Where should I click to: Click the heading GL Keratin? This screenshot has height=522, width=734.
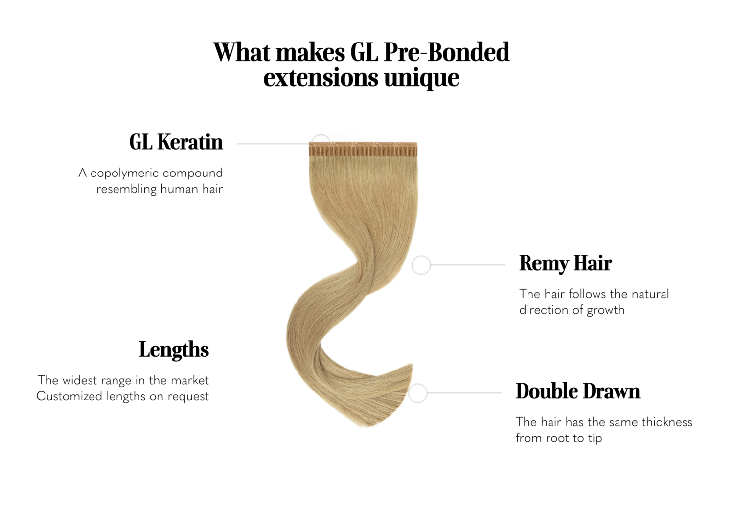pyautogui.click(x=176, y=142)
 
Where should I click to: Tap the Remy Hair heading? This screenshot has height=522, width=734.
pyautogui.click(x=565, y=263)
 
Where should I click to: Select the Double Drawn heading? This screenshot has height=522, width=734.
pyautogui.click(x=577, y=391)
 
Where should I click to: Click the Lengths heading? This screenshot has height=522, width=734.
pyautogui.click(x=174, y=349)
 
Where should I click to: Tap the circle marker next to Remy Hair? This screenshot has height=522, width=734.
pyautogui.click(x=421, y=265)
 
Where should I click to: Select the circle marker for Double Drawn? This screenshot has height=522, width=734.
pyautogui.click(x=418, y=393)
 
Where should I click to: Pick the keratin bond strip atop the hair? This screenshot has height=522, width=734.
pyautogui.click(x=363, y=149)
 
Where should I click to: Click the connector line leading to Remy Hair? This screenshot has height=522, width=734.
pyautogui.click(x=467, y=265)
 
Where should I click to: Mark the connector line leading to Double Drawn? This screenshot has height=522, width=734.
pyautogui.click(x=464, y=393)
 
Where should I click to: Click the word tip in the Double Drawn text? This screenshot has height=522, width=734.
pyautogui.click(x=595, y=438)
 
